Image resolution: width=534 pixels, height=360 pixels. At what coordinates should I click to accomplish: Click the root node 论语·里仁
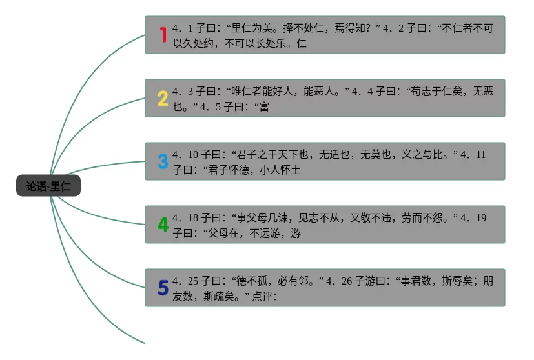coord(48,186)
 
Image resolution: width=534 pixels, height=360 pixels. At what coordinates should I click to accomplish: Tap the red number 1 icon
coord(163,35)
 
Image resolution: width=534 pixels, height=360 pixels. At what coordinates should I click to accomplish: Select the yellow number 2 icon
coord(163,98)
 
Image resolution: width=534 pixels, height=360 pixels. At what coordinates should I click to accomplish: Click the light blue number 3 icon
coord(163,161)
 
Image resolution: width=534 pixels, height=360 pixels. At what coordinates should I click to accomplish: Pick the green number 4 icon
coord(163,225)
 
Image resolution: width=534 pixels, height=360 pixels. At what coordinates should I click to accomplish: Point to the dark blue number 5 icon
coord(163,288)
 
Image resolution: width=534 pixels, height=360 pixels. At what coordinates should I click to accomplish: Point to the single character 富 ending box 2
coord(264,107)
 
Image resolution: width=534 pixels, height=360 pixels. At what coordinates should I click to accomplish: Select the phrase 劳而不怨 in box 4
coord(426,218)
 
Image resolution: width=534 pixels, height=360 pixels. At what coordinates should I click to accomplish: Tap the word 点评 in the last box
coord(263,297)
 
